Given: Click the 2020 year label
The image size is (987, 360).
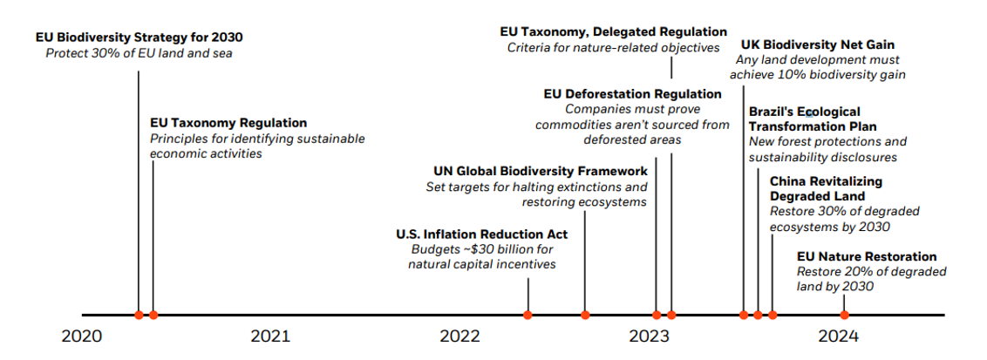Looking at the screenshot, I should pyautogui.click(x=81, y=336).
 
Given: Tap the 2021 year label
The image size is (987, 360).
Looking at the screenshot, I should pyautogui.click(x=270, y=336).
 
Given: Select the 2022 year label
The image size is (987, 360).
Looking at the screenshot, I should pyautogui.click(x=459, y=336).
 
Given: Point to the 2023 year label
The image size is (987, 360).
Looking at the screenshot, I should pyautogui.click(x=649, y=336).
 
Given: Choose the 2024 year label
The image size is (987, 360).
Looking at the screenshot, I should pyautogui.click(x=838, y=336).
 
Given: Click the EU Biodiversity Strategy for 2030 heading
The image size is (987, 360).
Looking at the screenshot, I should pyautogui.click(x=140, y=37).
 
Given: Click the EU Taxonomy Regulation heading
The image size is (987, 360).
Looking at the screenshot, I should pyautogui.click(x=228, y=123).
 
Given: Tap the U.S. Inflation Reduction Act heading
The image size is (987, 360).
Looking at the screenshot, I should pyautogui.click(x=481, y=234).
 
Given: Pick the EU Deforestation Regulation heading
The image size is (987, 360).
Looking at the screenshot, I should pyautogui.click(x=632, y=93).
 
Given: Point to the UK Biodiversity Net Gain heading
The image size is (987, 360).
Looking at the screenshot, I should pyautogui.click(x=818, y=44).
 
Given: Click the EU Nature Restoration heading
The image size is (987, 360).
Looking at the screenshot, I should pyautogui.click(x=867, y=256).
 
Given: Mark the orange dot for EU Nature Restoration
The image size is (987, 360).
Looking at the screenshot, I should pyautogui.click(x=844, y=315).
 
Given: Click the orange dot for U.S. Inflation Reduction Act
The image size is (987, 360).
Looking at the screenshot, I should pyautogui.click(x=528, y=315).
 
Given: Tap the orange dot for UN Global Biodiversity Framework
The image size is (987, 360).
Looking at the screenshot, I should pyautogui.click(x=585, y=315).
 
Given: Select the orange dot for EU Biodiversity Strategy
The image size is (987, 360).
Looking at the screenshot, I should pyautogui.click(x=139, y=315).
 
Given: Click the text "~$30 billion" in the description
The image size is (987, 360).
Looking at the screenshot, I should pyautogui.click(x=486, y=249).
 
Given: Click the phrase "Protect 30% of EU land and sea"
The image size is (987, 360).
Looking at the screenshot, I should pyautogui.click(x=140, y=53).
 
